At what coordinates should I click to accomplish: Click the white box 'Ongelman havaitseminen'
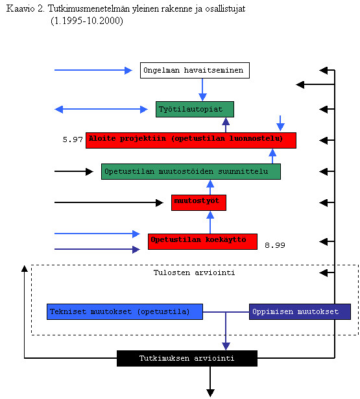pyautogui.click(x=195, y=70)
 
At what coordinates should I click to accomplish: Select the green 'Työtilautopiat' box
pyautogui.click(x=195, y=110)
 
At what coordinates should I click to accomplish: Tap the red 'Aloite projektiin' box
pyautogui.click(x=191, y=140)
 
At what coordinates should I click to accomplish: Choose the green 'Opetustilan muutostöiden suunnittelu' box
pyautogui.click(x=191, y=171)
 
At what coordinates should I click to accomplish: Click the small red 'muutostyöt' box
pyautogui.click(x=198, y=202)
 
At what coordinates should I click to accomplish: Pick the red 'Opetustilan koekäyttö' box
pyautogui.click(x=202, y=241)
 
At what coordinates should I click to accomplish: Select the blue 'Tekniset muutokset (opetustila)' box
pyautogui.click(x=125, y=311)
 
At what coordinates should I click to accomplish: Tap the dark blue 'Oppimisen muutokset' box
pyautogui.click(x=300, y=311)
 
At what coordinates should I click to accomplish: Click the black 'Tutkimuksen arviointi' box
pyautogui.click(x=187, y=358)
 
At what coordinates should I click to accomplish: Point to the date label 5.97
pyautogui.click(x=73, y=139)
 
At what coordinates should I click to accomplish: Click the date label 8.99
pyautogui.click(x=275, y=245)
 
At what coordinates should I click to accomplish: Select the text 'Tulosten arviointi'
pyautogui.click(x=194, y=272)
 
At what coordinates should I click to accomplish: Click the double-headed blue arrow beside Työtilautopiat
pyautogui.click(x=101, y=110)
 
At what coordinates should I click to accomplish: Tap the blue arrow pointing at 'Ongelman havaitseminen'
pyautogui.click(x=93, y=70)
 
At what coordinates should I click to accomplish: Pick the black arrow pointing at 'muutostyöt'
pyautogui.click(x=109, y=202)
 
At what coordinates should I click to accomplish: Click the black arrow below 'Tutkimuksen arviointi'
pyautogui.click(x=210, y=381)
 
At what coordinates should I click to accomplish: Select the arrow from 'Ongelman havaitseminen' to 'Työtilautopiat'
pyautogui.click(x=202, y=90)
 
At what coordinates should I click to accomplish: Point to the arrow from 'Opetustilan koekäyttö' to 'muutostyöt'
pyautogui.click(x=210, y=222)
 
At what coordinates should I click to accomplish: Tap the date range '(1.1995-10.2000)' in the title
pyautogui.click(x=87, y=21)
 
